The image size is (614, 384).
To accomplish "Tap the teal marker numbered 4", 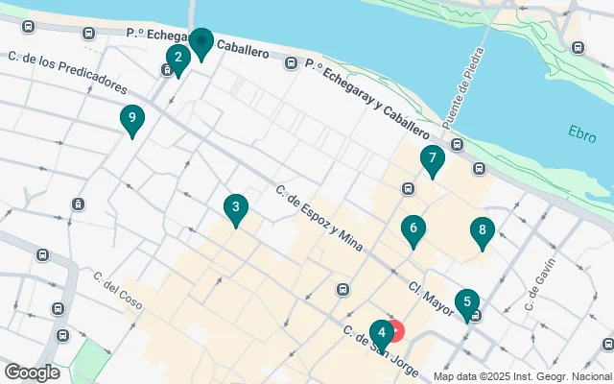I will click(x=381, y=334).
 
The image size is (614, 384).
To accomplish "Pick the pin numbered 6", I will click(x=413, y=229).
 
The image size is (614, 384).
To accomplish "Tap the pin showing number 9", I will click(x=132, y=120).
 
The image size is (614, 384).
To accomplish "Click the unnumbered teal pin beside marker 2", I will click(x=201, y=42).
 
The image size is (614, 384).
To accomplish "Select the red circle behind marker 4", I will click(x=395, y=331).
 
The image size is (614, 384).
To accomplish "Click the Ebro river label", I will click(x=581, y=132).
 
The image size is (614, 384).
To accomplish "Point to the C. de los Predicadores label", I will click(x=66, y=73).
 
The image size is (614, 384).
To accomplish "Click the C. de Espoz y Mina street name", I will click(x=319, y=219).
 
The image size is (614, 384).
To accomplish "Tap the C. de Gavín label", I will click(x=542, y=285).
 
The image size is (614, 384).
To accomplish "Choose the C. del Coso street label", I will click(x=118, y=291).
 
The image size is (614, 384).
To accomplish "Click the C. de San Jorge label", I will click(x=380, y=352).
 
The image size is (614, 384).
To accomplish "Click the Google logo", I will click(x=32, y=372).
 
